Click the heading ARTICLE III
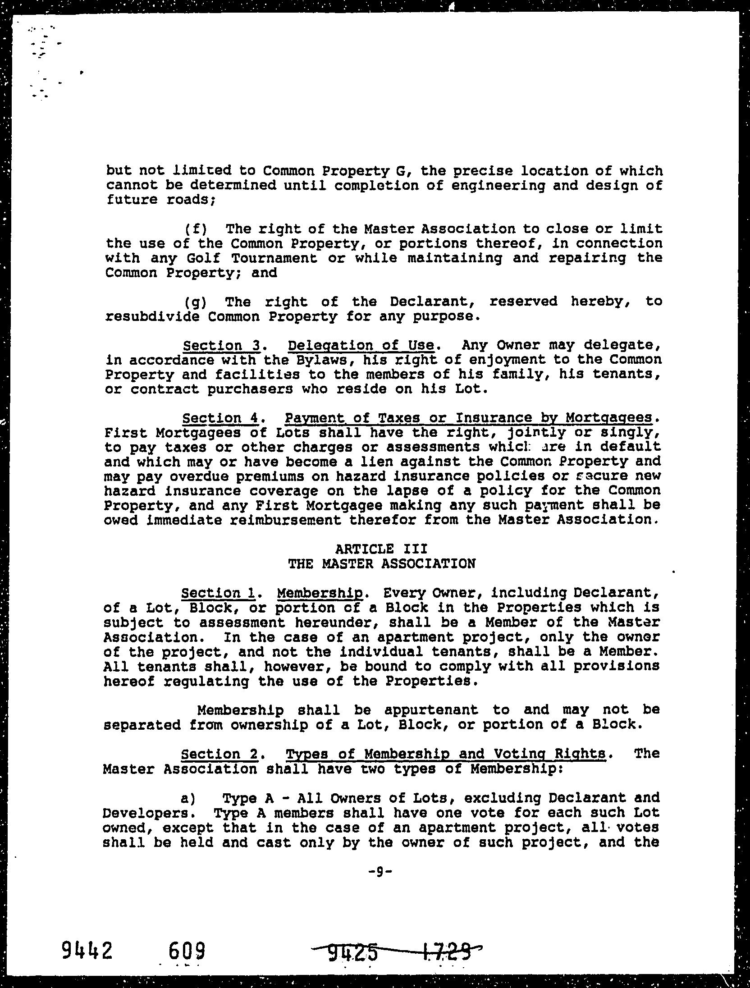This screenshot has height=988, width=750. pyautogui.click(x=381, y=549)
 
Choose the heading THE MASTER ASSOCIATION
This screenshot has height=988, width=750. pyautogui.click(x=381, y=563)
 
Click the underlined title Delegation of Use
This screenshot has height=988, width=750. pyautogui.click(x=361, y=346)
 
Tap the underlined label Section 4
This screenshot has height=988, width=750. pyautogui.click(x=220, y=418)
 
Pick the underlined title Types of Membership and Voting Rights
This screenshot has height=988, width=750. pyautogui.click(x=445, y=754)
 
